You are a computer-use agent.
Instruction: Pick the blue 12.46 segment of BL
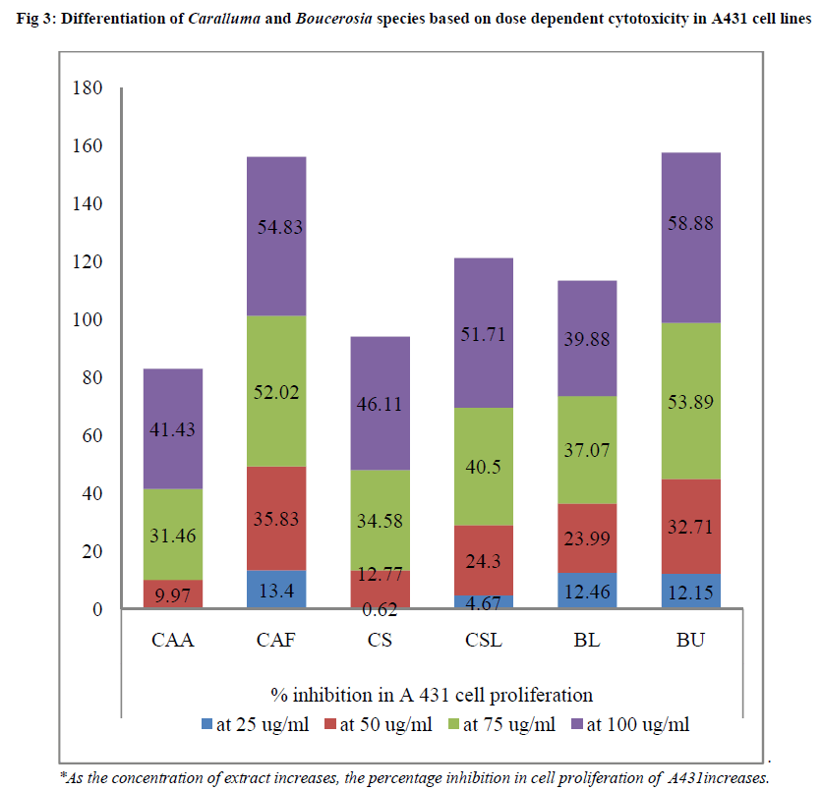coord(587,591)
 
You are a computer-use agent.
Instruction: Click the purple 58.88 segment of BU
coord(691,237)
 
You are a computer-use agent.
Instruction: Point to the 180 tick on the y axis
coord(88,88)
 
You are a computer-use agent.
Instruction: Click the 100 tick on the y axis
coord(88,320)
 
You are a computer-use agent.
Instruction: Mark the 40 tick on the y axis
coord(93,493)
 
